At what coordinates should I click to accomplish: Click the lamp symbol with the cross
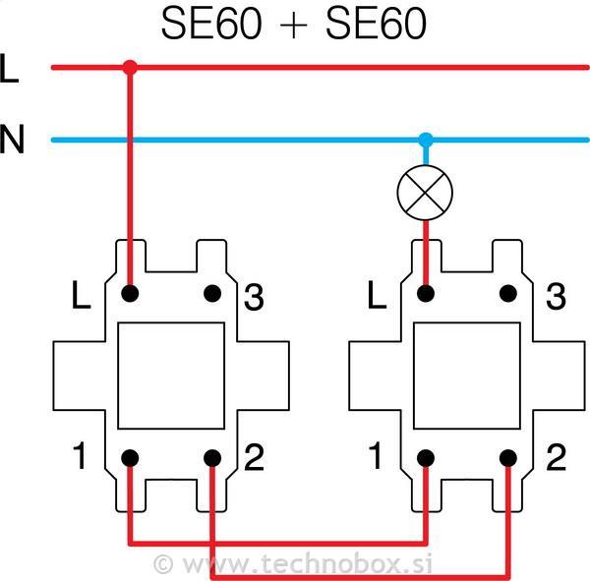pos(425,194)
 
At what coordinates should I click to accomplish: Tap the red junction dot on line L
pos(129,67)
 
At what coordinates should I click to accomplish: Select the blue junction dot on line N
pos(425,140)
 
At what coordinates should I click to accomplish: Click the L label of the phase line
pos(11,69)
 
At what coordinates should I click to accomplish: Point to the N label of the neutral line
pos(12,141)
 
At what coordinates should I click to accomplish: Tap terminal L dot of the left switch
pos(129,293)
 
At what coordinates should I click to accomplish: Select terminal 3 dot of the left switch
pos(212,293)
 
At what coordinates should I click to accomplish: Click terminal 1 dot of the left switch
pos(129,458)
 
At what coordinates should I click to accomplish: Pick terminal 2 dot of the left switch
pos(212,458)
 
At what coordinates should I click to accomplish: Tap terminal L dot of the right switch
pos(425,293)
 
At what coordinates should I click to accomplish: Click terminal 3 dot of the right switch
pos(508,293)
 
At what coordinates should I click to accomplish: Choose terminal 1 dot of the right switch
pos(425,458)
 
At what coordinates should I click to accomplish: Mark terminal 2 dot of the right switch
pos(508,458)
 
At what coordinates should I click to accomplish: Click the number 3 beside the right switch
pos(556,295)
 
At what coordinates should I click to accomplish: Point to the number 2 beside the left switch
pos(254,458)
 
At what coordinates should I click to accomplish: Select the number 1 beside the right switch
pos(374,458)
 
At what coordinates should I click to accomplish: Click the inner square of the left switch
pos(170,376)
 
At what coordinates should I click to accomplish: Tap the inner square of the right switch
pos(466,376)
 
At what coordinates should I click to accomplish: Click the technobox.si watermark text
pos(295,564)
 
